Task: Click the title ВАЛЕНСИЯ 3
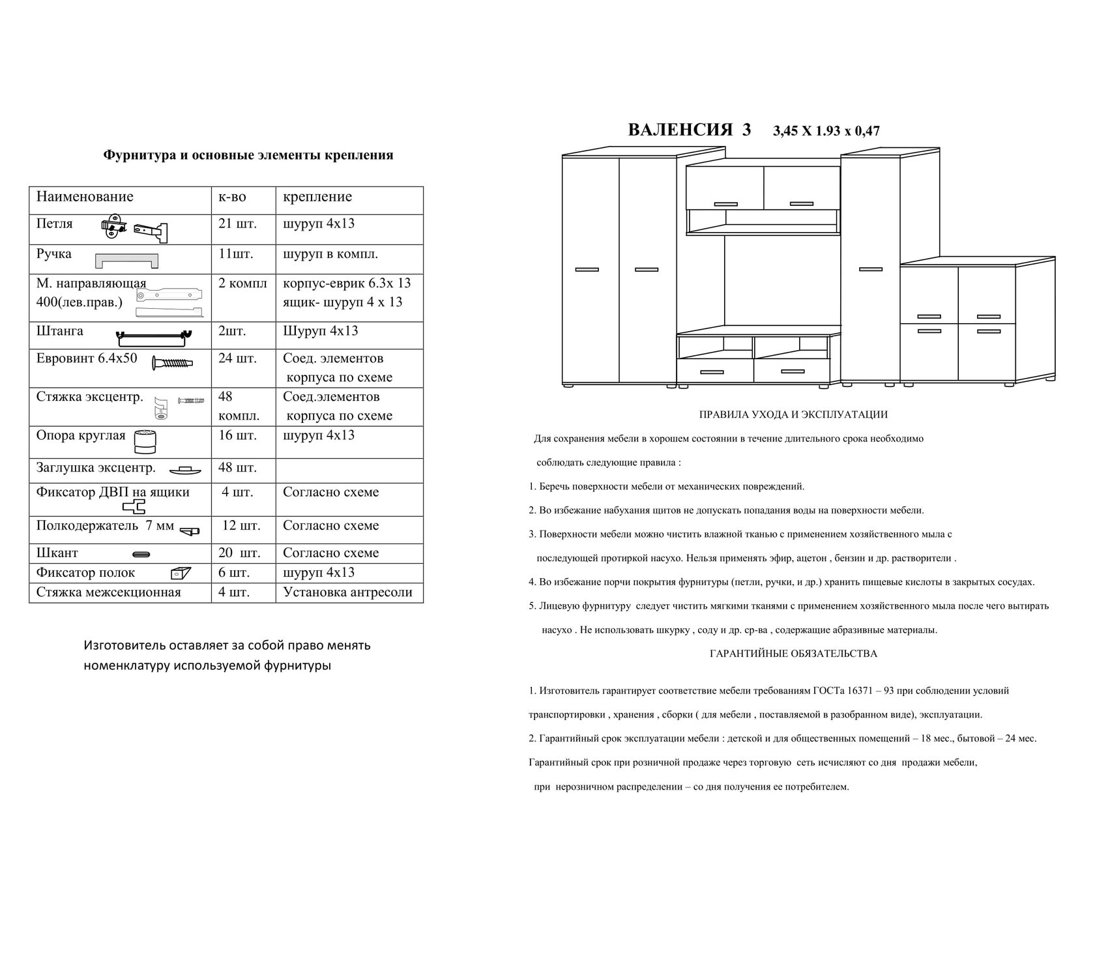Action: [689, 130]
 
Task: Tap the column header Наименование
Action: [85, 197]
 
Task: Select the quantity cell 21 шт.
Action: [237, 224]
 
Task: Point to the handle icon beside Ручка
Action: [127, 261]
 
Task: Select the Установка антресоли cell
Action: [347, 592]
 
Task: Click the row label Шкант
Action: [57, 553]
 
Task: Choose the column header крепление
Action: [317, 197]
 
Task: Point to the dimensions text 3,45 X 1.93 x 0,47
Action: [826, 131]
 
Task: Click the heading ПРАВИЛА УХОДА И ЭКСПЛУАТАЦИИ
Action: [793, 414]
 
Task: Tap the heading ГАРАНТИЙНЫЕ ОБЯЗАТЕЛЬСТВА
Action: [793, 654]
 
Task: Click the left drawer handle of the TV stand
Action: [712, 371]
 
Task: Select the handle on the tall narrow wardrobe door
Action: [871, 269]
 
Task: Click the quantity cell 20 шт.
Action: [239, 553]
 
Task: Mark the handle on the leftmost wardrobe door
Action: [587, 269]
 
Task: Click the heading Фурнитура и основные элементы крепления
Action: [248, 155]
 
